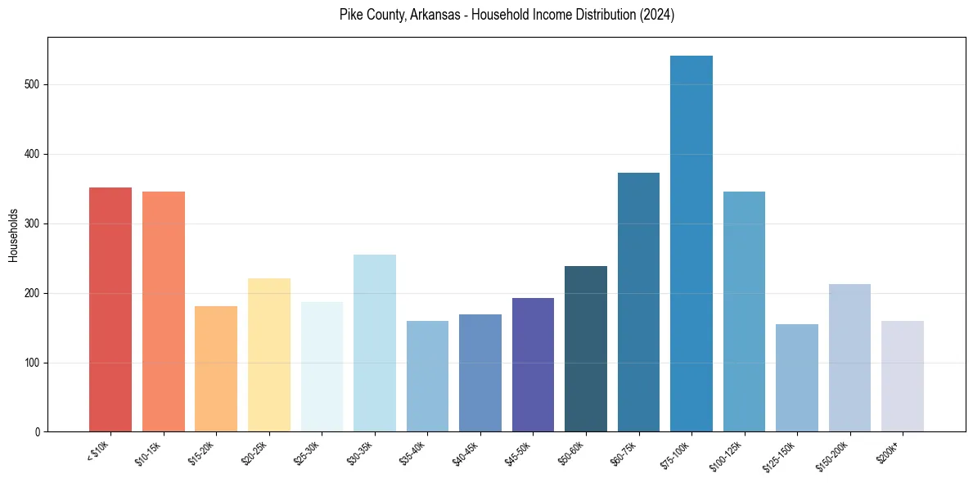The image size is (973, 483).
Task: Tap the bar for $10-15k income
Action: [x=164, y=312]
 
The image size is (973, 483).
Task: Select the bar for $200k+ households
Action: [x=903, y=377]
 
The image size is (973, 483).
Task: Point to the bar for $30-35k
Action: [x=375, y=343]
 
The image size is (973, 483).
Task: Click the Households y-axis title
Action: [x=13, y=235]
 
